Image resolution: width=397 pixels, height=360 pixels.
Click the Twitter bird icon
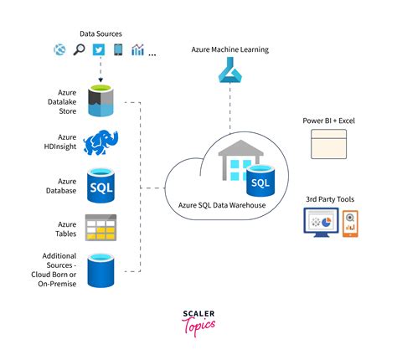coord(99,50)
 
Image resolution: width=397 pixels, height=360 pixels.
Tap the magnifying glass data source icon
coord(79,49)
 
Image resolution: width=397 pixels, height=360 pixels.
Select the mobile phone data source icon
coord(118,49)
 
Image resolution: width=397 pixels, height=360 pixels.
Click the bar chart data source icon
coord(137,49)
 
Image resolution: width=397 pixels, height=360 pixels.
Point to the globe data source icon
coord(59,50)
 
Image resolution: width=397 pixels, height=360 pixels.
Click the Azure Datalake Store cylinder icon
coord(101,100)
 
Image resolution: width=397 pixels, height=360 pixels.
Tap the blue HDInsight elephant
coord(101,142)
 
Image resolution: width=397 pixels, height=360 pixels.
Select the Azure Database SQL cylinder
coord(101,185)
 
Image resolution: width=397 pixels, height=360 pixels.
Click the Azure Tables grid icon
coord(101,228)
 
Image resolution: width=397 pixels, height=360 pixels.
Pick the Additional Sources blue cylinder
coord(101,270)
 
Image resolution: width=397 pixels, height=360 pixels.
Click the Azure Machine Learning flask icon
coord(230,69)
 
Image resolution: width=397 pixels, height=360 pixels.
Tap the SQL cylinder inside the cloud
coord(260,180)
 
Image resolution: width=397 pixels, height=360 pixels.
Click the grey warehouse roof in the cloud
coord(240,148)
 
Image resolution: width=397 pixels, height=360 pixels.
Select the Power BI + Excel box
coord(329,144)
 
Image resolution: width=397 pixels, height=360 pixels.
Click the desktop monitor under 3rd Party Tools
coord(322,223)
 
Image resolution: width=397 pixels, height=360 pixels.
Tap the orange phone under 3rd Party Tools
coord(350,224)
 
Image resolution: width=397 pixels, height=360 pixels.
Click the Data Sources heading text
coord(101,33)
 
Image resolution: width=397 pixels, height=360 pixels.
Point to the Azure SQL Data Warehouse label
coord(222,205)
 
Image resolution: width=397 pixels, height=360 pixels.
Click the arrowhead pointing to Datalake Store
coord(101,80)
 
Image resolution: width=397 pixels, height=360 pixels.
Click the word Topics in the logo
coord(198,326)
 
